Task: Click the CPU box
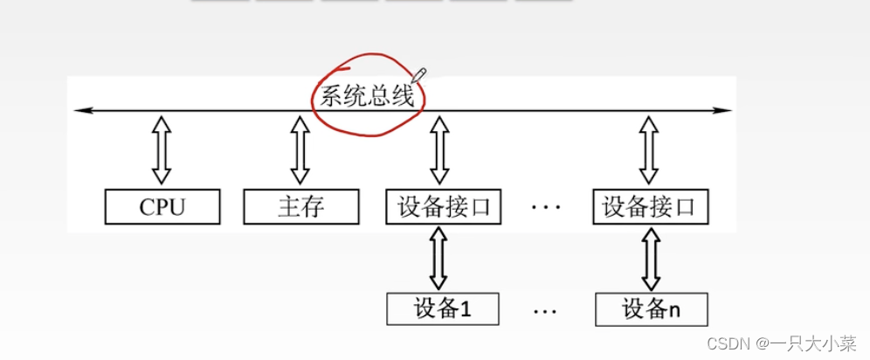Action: point(162,207)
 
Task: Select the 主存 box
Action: point(301,207)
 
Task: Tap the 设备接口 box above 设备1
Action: point(444,207)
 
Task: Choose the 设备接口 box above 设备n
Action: point(649,207)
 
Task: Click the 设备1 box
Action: point(443,308)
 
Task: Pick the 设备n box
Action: point(651,308)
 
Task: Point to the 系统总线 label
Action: point(366,95)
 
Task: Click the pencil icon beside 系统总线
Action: point(418,73)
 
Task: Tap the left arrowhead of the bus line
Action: point(79,110)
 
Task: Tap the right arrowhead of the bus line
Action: point(726,110)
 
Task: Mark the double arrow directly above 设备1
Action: point(439,259)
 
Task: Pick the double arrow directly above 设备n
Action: point(649,259)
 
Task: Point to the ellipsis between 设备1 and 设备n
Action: point(546,310)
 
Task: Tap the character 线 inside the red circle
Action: point(403,95)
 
